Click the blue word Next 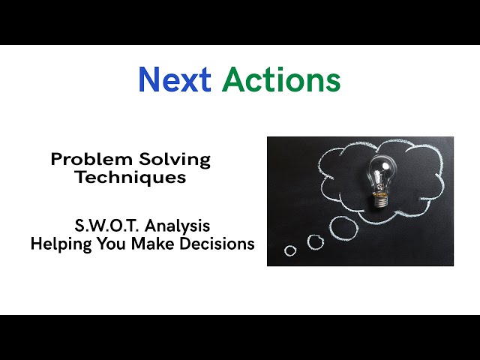coord(174,80)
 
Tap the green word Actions coord(281,80)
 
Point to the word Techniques coord(130,178)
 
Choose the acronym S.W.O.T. coord(102,226)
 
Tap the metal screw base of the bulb coord(381,199)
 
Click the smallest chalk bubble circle coord(290,250)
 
